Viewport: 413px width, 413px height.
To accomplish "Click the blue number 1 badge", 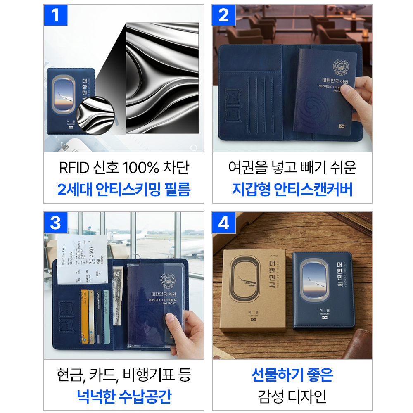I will pyautogui.click(x=55, y=15).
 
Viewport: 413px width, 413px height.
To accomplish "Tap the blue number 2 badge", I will pyautogui.click(x=223, y=15).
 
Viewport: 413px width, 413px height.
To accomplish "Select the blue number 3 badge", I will pyautogui.click(x=55, y=223).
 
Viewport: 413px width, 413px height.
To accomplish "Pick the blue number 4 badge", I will pyautogui.click(x=223, y=223).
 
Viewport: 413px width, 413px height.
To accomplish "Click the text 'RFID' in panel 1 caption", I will pyautogui.click(x=74, y=168).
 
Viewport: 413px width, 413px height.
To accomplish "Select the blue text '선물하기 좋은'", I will pyautogui.click(x=292, y=375).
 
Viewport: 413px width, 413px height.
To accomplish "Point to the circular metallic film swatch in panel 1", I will pyautogui.click(x=95, y=116).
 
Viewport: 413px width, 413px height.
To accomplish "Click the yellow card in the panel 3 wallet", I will pyautogui.click(x=85, y=314).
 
